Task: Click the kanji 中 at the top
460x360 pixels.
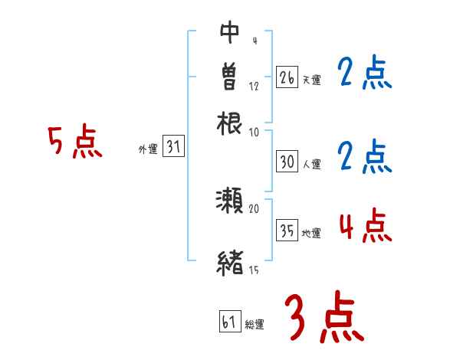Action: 230,33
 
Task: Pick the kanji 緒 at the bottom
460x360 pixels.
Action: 230,263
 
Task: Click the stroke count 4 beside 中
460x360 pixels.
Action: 255,41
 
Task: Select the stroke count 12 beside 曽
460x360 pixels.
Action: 255,86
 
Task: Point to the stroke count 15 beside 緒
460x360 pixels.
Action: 254,270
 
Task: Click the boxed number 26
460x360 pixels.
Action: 287,77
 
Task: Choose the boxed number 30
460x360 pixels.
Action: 287,162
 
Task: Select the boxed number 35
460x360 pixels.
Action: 287,231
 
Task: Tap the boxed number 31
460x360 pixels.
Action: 174,148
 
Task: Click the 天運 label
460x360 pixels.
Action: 311,80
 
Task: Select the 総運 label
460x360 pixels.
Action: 255,324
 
